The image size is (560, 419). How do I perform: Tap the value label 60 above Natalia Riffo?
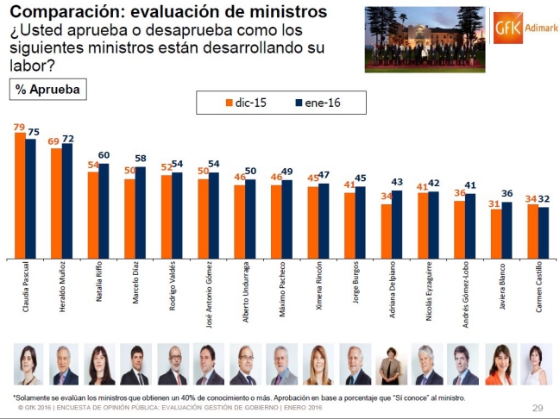(x=104, y=156)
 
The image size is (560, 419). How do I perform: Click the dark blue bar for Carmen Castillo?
(x=544, y=233)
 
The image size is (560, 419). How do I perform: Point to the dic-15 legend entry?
(x=244, y=103)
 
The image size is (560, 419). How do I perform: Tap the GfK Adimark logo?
(x=521, y=27)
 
